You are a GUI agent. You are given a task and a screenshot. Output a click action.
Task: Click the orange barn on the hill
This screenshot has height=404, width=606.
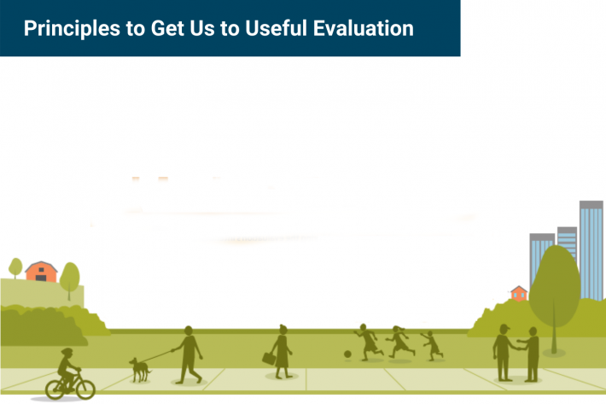coord(40,272)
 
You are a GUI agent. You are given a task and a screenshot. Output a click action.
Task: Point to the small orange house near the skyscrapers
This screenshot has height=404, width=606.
coord(518,293)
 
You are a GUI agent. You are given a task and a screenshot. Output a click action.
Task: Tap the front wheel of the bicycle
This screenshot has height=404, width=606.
coord(83,388)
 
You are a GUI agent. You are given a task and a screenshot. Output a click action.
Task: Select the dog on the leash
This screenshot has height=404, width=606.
coord(138,369)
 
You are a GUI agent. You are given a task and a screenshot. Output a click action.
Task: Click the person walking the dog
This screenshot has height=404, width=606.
coord(189,352)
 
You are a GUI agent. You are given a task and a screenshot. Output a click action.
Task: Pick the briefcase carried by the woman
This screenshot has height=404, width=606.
coord(269,359)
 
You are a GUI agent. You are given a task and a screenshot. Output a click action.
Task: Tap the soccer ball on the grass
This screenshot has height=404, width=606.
coord(347,354)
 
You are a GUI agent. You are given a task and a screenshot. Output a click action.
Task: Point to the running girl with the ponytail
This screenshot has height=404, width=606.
coord(399,342)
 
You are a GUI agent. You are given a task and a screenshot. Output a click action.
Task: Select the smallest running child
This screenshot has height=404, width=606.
coord(433,344)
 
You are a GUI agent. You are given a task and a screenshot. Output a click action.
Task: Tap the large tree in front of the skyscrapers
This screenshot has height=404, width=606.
coord(556,282)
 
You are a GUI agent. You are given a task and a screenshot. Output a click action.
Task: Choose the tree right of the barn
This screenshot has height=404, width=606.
coord(70,277)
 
